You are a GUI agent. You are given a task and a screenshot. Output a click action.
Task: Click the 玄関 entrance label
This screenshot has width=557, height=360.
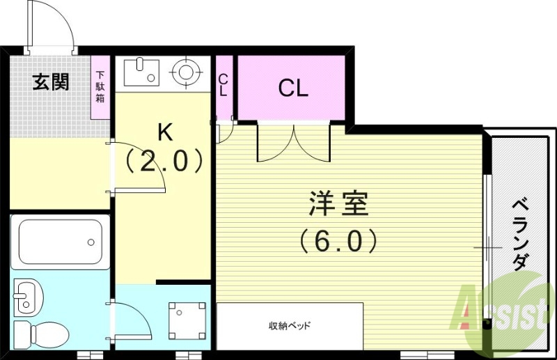[51, 82]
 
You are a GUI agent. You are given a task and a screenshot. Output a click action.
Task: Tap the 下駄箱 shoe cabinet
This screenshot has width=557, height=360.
[101, 86]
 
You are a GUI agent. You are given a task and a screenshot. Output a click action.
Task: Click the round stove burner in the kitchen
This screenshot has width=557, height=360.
[187, 71]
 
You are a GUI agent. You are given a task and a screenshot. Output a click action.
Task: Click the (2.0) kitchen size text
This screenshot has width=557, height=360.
[164, 162]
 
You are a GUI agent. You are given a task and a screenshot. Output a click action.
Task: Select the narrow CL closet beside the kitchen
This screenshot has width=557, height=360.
[223, 86]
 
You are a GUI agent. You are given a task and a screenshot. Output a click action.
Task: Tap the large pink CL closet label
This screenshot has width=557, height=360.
[292, 88]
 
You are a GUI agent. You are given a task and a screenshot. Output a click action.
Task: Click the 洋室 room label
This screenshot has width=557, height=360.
[338, 204]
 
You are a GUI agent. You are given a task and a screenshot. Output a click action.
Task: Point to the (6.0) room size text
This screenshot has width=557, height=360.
[338, 241]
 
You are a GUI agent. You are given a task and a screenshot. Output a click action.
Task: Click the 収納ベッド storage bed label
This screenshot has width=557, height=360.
[290, 325]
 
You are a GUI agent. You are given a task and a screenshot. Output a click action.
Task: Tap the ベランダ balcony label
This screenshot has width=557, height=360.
[519, 233]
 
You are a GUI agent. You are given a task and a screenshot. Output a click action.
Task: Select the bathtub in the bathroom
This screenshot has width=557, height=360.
[61, 243]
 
